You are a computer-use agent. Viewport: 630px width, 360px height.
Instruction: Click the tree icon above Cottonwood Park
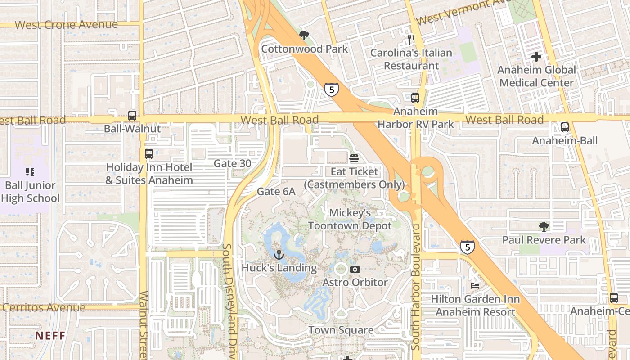[304, 36]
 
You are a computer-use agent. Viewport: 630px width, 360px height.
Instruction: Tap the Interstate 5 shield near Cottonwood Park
[331, 90]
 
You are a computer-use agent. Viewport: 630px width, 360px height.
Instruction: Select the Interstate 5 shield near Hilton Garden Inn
[467, 247]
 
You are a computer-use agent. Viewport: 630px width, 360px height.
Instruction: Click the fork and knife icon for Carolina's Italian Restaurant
[411, 39]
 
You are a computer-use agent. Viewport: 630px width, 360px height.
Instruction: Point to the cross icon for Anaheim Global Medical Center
[536, 57]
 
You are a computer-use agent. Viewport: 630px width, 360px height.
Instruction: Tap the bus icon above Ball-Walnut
[132, 115]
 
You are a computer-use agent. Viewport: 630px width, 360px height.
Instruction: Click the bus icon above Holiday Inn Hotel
[149, 154]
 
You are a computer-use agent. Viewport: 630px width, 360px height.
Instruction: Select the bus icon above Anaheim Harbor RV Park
[415, 98]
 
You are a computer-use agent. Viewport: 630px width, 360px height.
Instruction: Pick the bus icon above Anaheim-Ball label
[565, 127]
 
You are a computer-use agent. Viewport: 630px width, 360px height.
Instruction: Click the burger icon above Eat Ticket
[354, 158]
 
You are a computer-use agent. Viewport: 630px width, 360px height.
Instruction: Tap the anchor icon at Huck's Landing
[279, 255]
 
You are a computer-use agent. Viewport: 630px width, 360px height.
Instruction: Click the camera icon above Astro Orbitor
[355, 269]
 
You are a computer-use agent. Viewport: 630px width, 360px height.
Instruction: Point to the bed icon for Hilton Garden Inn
[475, 286]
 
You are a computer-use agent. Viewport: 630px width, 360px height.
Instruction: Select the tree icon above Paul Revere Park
[544, 226]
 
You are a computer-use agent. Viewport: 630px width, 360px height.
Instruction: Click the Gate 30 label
[232, 163]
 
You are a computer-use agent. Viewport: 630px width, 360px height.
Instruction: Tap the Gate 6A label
[276, 192]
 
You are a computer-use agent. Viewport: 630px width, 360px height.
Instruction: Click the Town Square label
[341, 330]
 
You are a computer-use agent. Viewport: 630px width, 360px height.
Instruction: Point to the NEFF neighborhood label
[50, 336]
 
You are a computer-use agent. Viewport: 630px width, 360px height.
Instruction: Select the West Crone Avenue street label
[66, 25]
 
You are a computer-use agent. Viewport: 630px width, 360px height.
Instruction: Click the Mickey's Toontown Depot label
[350, 219]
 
